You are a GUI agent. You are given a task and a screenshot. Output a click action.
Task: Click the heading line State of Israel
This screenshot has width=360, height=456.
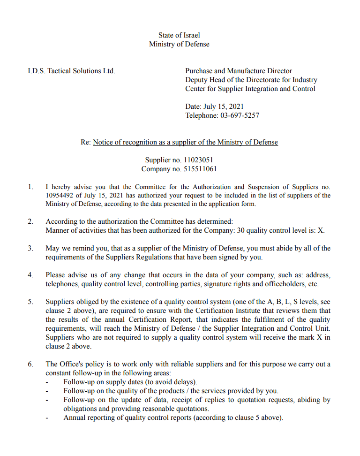[x=179, y=35]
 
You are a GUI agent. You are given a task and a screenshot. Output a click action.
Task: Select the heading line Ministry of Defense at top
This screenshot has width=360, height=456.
[x=179, y=44]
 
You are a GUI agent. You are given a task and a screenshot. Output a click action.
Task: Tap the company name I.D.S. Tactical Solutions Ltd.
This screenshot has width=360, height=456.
[x=71, y=71]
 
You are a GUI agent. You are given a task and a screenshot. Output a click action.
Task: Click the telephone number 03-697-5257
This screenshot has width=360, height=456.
[x=240, y=115]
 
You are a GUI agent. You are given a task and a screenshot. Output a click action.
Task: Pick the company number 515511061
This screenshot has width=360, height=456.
[x=199, y=169]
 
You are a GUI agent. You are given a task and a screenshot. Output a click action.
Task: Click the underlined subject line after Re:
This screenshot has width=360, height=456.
[x=185, y=142]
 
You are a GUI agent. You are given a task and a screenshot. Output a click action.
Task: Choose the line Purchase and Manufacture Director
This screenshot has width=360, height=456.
[x=239, y=71]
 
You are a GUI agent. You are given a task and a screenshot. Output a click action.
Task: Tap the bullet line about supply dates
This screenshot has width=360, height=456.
[x=130, y=382]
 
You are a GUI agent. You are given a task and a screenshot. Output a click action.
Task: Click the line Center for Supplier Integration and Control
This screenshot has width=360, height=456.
[x=250, y=89]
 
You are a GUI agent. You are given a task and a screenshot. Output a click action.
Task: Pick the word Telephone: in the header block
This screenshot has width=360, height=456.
[x=202, y=115]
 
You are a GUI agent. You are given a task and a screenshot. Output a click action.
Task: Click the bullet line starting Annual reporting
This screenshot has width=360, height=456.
[x=173, y=418]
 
